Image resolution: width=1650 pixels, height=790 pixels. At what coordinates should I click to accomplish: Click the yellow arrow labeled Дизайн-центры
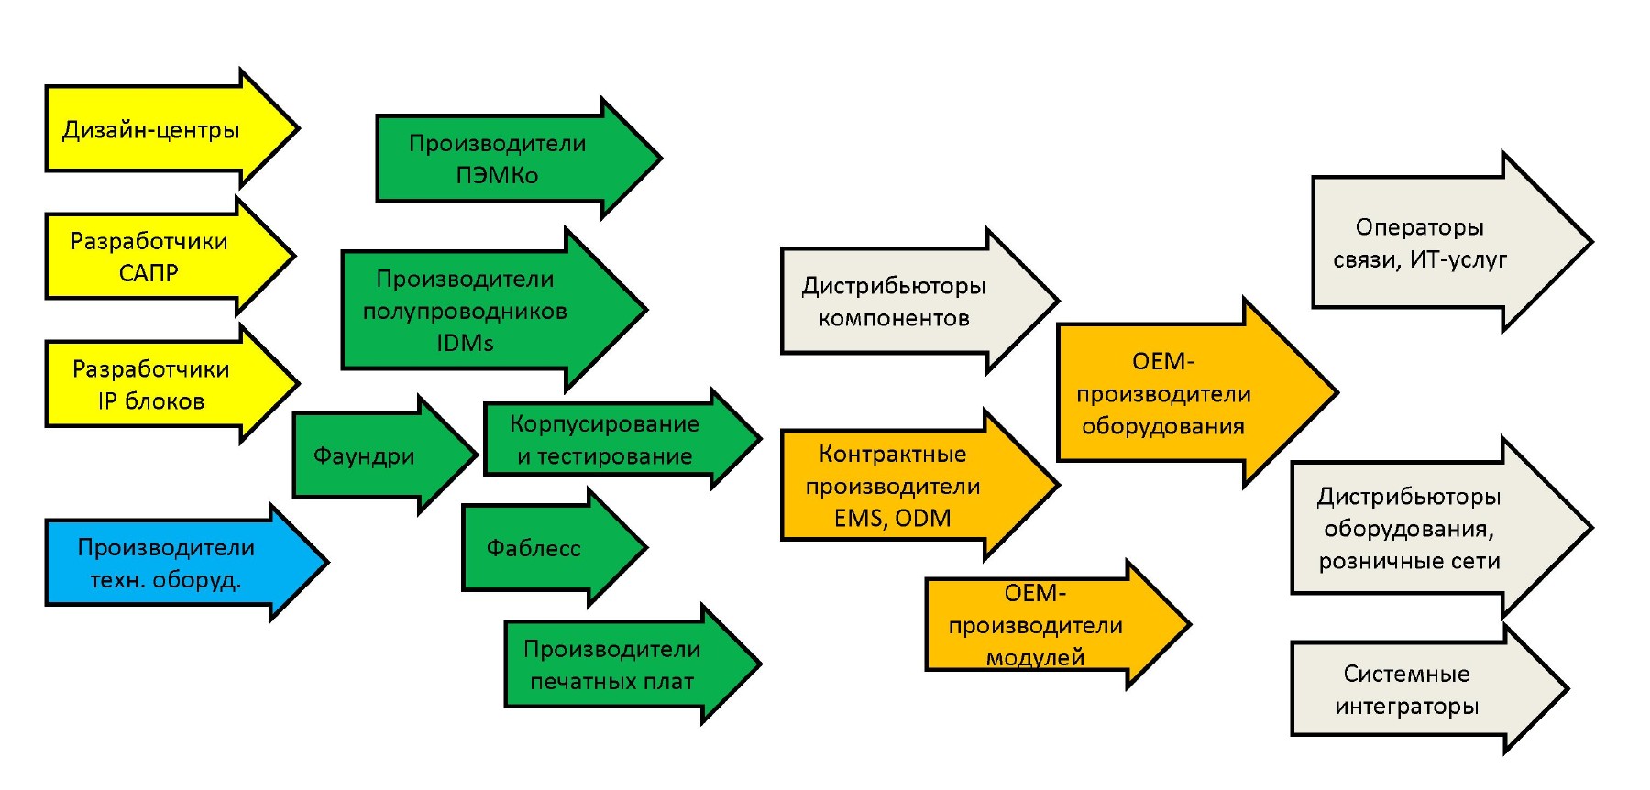coord(151,129)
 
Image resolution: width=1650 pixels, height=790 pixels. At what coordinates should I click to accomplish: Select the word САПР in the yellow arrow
coord(148,273)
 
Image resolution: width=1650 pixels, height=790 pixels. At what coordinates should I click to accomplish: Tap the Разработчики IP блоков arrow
coord(151,385)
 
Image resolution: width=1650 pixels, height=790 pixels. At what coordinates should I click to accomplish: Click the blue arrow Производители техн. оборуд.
coord(166,563)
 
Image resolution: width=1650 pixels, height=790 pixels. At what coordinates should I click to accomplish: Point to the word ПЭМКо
coord(497,175)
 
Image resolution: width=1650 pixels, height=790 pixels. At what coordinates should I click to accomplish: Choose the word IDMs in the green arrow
coord(465,343)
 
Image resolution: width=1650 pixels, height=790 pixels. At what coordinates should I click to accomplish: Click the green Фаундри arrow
coord(365,455)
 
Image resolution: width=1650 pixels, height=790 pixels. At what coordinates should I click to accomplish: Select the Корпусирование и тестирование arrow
coord(605,440)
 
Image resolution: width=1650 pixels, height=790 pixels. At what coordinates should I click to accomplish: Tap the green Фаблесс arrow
coord(533,548)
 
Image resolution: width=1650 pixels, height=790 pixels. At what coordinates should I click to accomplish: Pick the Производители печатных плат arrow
coord(612,664)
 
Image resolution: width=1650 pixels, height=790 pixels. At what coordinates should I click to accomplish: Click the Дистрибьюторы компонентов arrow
coord(894,302)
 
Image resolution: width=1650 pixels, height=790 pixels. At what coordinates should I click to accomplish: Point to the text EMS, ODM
coord(893,519)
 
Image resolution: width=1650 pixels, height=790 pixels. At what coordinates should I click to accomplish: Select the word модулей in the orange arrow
coord(1036,657)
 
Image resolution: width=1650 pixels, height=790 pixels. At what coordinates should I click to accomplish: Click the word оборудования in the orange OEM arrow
coord(1163,426)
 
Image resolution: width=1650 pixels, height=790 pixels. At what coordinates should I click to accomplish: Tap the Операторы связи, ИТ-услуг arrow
coord(1419,243)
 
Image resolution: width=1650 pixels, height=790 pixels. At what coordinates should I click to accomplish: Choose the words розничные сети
coord(1410,561)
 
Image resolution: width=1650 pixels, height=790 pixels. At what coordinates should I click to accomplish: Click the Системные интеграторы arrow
coord(1407,689)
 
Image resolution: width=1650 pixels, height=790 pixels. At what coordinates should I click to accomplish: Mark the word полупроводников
coord(465,311)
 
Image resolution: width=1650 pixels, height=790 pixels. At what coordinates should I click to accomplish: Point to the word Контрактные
coord(893,454)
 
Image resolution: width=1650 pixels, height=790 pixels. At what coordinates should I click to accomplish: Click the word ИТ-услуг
coord(1458,260)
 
